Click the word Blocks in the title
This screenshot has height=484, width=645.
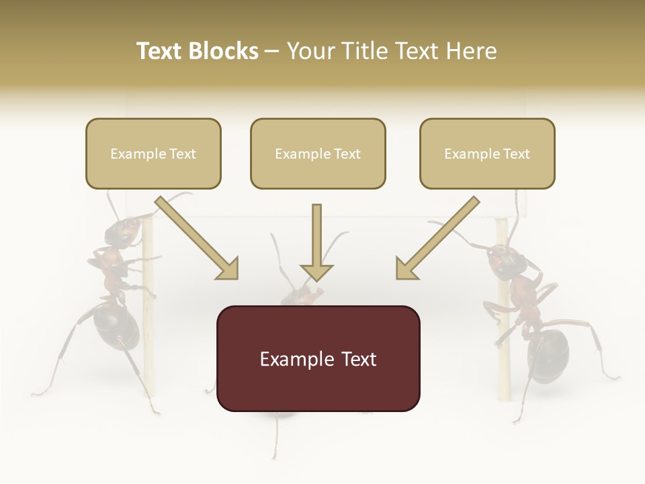(x=223, y=51)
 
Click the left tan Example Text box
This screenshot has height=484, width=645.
(x=153, y=153)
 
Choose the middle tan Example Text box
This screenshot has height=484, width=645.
(x=318, y=153)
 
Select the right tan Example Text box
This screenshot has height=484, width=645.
(x=487, y=153)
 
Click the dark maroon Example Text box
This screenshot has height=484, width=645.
(x=318, y=358)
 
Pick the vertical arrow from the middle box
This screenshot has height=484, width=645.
(x=316, y=242)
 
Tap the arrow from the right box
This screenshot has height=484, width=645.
(x=437, y=239)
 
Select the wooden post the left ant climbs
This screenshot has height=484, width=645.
(x=150, y=323)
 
